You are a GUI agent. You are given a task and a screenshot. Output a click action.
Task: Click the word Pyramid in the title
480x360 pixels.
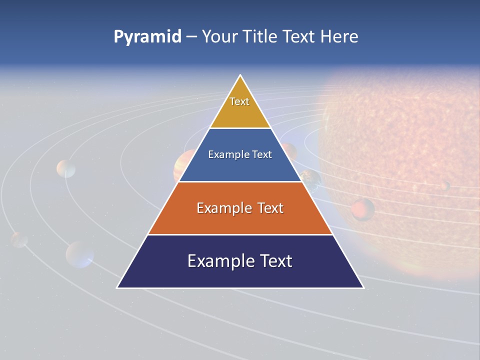(x=147, y=37)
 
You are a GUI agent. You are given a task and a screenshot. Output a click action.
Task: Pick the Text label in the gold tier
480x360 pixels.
(x=239, y=101)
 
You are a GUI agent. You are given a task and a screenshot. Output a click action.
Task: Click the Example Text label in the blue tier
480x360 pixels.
(x=240, y=154)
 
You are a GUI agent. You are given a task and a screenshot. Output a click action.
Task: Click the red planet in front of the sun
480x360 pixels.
(x=362, y=209)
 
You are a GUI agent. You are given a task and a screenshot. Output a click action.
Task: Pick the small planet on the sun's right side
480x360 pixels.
(x=444, y=185)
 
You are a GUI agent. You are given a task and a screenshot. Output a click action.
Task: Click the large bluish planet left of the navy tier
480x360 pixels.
(x=79, y=254)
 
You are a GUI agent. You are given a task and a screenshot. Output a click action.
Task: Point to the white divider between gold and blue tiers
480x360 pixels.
(x=240, y=128)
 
